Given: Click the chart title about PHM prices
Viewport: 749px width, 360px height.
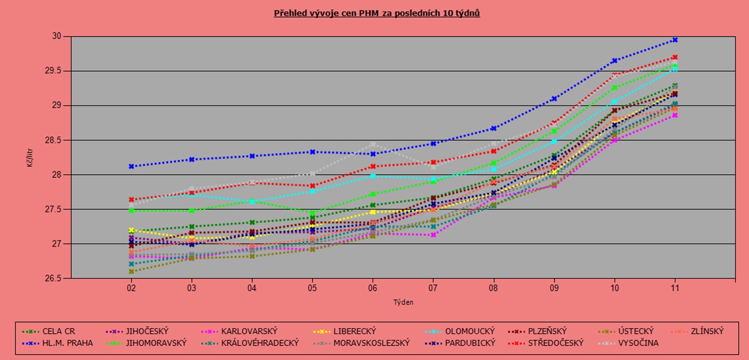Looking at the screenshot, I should tap(377, 13).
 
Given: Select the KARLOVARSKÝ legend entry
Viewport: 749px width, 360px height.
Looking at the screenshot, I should tap(249, 331).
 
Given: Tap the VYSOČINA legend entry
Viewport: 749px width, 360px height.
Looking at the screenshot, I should tap(638, 343).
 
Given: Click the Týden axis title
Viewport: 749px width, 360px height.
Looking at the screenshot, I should tap(403, 302).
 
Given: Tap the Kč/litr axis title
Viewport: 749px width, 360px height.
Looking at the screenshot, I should tap(31, 157).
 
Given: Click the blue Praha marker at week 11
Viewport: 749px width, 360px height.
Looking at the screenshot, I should tap(675, 40).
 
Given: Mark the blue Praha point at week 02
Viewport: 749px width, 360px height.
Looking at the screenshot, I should tap(132, 166).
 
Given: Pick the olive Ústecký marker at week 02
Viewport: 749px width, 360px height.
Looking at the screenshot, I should tap(132, 272).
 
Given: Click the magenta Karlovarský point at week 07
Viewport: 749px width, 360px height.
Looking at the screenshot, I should tap(433, 234).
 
